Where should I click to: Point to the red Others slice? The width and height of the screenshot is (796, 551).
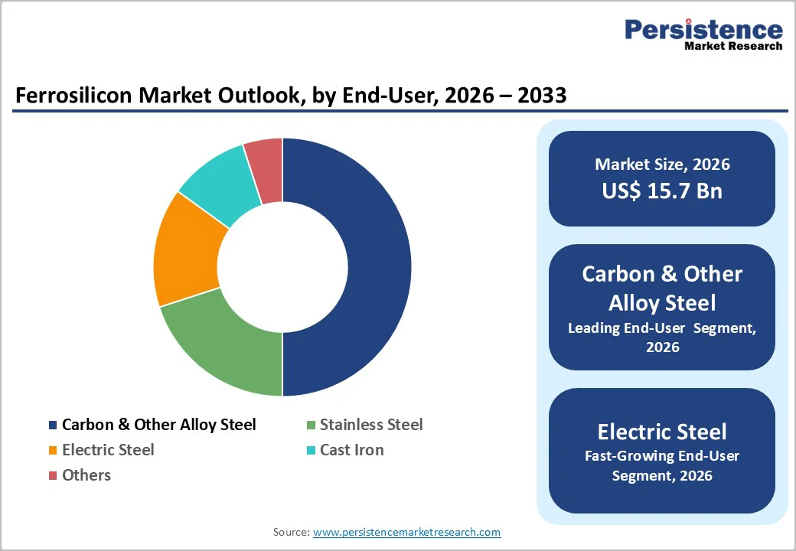tap(265, 170)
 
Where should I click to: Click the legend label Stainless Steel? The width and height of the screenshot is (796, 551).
tap(370, 425)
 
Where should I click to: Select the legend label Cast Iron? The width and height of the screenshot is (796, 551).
tap(351, 450)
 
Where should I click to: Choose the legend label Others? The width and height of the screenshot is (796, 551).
tap(86, 475)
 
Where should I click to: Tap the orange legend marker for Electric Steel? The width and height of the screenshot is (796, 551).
tap(52, 451)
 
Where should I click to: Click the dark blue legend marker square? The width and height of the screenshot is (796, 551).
tap(52, 425)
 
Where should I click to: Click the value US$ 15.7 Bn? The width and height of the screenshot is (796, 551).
tap(661, 191)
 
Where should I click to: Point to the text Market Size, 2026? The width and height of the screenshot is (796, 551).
tap(661, 165)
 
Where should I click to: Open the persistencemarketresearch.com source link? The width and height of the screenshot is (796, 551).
tap(406, 532)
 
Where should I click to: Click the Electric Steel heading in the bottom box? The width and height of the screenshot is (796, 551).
tap(661, 432)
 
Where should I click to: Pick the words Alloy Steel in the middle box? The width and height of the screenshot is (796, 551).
tap(661, 303)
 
